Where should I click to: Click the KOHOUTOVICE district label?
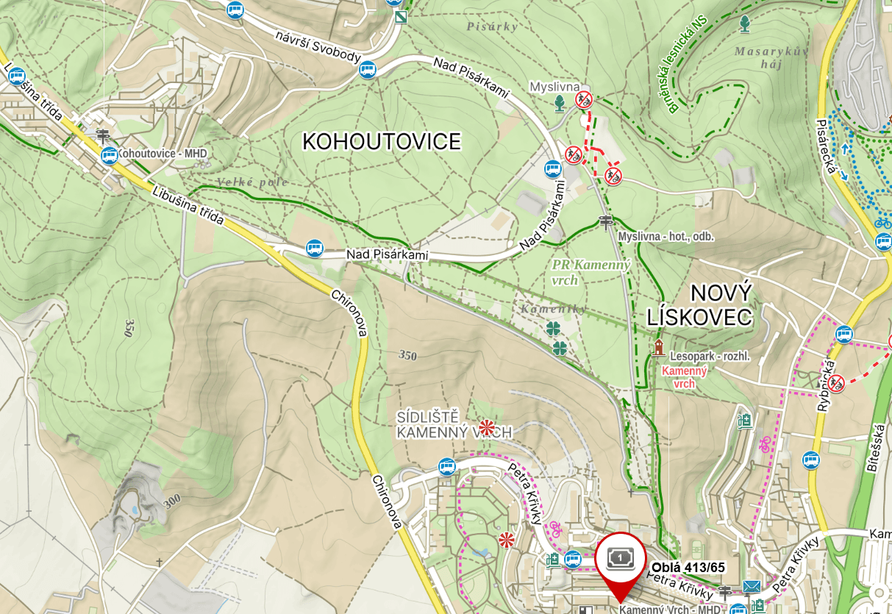pyautogui.click(x=382, y=141)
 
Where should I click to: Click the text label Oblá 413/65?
pyautogui.click(x=687, y=567)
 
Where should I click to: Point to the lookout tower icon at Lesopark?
pyautogui.click(x=658, y=346)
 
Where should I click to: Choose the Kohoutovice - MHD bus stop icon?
pyautogui.click(x=110, y=155)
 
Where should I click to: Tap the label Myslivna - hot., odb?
pyautogui.click(x=666, y=237)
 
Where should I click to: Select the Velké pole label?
pyautogui.click(x=252, y=182)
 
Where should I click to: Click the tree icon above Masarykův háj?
pyautogui.click(x=745, y=24)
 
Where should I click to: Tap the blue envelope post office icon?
pyautogui.click(x=752, y=587)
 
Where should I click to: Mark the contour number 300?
pyautogui.click(x=171, y=501)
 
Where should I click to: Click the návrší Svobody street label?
pyautogui.click(x=318, y=47)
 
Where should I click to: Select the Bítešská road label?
pyautogui.click(x=879, y=450)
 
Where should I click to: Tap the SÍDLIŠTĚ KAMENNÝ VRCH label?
pyautogui.click(x=453, y=425)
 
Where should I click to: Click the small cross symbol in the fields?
pyautogui.click(x=158, y=563)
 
